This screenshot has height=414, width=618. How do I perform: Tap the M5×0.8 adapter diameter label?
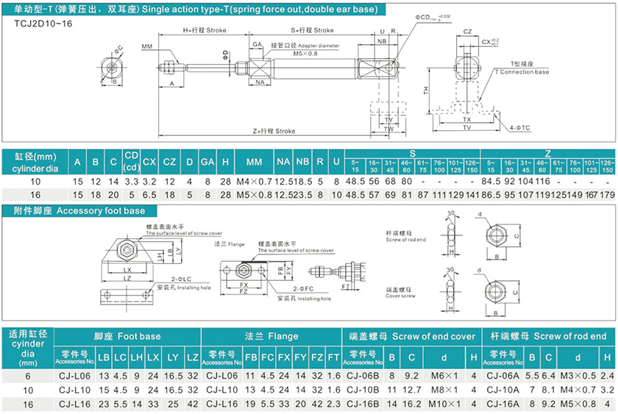(x=305, y=54)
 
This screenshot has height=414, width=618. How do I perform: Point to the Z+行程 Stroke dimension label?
(x=274, y=131)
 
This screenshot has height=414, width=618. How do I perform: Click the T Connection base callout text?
(x=521, y=72)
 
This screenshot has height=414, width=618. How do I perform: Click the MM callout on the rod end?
(x=146, y=46)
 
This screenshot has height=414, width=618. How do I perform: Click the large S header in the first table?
(x=412, y=153)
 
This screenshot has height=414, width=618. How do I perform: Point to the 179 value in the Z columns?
(x=607, y=195)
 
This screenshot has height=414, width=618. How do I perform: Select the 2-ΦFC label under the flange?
(x=286, y=290)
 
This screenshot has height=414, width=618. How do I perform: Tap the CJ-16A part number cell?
(x=504, y=404)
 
